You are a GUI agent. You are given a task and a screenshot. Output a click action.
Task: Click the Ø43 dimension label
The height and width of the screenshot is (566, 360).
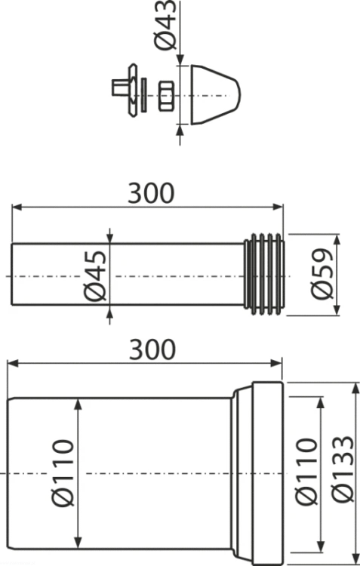point(167,25)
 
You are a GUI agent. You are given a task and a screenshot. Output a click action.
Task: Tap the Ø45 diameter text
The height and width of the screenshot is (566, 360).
point(96,275)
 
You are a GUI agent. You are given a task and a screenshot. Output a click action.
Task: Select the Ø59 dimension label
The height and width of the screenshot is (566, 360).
point(322,274)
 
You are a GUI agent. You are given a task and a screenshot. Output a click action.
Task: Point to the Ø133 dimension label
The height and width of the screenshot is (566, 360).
point(343,469)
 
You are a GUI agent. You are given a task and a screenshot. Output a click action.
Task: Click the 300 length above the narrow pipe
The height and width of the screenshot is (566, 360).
point(151,193)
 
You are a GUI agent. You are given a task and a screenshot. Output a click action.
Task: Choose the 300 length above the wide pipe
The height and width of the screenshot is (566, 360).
point(152,349)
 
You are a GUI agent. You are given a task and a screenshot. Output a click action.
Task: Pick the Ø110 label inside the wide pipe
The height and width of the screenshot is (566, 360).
point(63,473)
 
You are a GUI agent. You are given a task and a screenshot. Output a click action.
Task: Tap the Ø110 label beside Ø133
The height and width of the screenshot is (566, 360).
point(306,471)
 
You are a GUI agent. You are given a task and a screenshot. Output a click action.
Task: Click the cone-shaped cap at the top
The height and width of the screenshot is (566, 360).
point(215,95)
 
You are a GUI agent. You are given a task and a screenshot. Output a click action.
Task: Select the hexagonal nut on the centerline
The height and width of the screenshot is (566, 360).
point(166,96)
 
